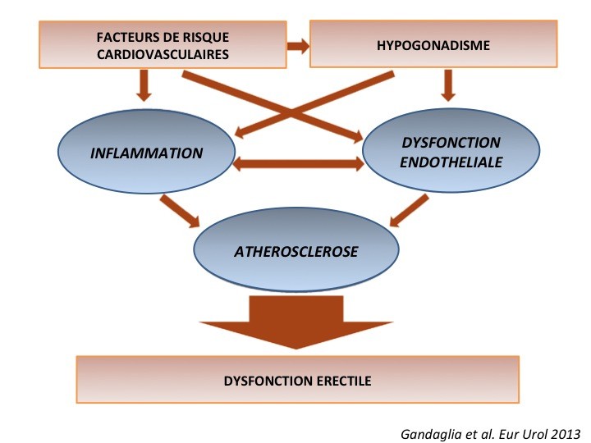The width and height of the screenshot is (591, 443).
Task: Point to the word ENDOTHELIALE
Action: coord(451,162)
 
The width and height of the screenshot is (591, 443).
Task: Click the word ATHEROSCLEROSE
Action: coord(296,251)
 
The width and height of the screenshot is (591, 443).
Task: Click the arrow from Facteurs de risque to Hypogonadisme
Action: coord(296,45)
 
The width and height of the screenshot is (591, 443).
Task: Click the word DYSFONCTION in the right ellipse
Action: coord(451,143)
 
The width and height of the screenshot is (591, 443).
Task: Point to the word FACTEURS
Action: coord(123,37)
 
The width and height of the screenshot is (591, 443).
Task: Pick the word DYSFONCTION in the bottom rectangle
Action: coord(266,381)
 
